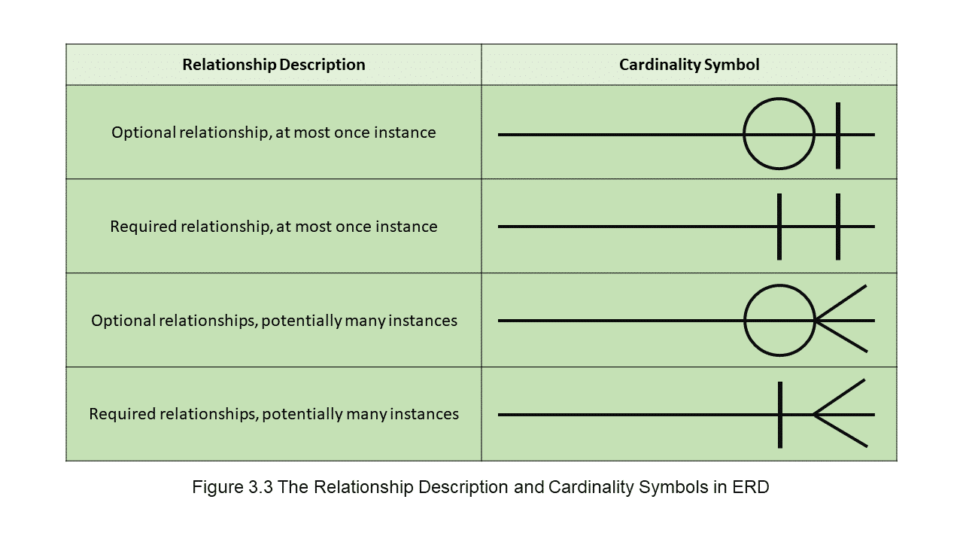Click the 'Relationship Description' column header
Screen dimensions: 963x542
click(x=274, y=65)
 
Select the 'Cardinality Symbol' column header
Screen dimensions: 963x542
click(x=689, y=65)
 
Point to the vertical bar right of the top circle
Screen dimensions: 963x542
click(x=838, y=135)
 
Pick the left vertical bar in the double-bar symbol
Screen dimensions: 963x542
click(x=779, y=227)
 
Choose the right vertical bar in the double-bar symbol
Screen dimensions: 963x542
click(x=838, y=227)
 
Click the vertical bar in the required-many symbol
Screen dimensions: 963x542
click(x=780, y=415)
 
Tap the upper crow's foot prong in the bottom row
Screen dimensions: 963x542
click(x=839, y=397)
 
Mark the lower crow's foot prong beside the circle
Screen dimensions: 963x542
click(x=841, y=336)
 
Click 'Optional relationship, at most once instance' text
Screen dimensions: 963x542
click(x=273, y=132)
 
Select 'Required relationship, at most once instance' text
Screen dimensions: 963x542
click(x=273, y=227)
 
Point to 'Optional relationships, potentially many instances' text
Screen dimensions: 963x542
click(x=274, y=321)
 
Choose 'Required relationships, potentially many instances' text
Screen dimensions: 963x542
click(x=274, y=414)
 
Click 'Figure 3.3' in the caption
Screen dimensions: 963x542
click(x=232, y=487)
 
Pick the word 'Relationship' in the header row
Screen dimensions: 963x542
click(x=229, y=65)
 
